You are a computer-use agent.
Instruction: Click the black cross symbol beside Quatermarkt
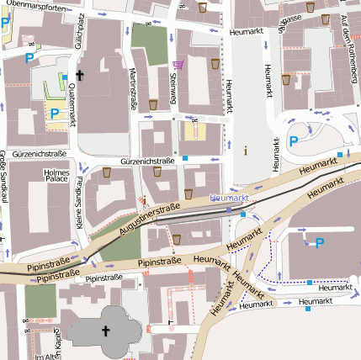pyautogui.click(x=80, y=76)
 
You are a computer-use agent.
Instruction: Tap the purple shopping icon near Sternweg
pyautogui.click(x=178, y=64)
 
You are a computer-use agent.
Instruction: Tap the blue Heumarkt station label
pyautogui.click(x=228, y=197)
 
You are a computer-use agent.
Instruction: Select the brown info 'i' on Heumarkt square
pyautogui.click(x=245, y=151)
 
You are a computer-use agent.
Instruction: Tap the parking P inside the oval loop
pyautogui.click(x=294, y=141)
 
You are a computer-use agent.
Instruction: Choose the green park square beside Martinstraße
pyautogui.click(x=150, y=44)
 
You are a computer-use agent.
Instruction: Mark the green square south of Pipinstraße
pyautogui.click(x=40, y=301)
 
